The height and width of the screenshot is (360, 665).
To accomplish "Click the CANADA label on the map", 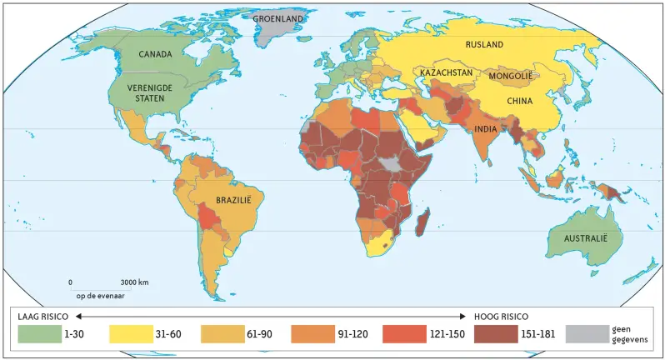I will tap(156, 54).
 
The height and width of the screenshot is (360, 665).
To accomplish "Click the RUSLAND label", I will tap(484, 44).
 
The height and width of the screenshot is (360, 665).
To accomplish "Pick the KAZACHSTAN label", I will tap(447, 73).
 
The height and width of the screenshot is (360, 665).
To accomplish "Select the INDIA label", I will tap(486, 129).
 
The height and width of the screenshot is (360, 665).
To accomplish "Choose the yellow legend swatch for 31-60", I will tap(130, 334).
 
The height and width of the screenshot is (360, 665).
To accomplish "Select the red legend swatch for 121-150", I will tap(403, 334).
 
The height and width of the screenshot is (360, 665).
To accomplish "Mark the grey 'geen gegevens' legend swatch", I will tap(586, 334).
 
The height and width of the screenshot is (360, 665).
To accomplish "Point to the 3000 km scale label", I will tap(134, 283).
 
